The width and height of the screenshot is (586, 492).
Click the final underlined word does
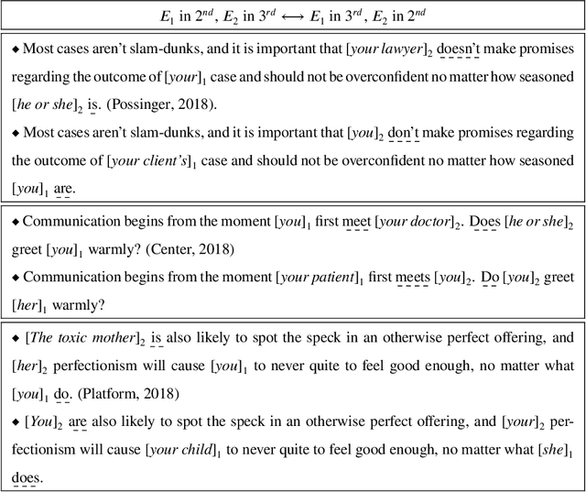click(x=27, y=476)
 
